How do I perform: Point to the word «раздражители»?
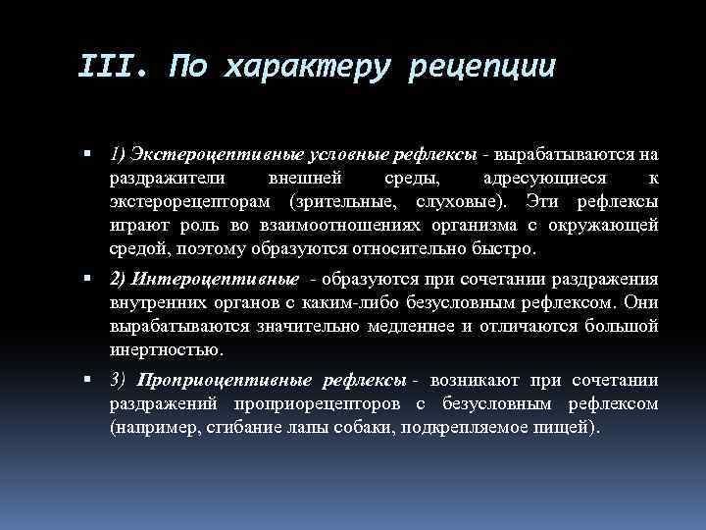click(166, 179)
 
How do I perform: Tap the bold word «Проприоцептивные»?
click(225, 380)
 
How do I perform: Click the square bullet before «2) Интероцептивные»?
click(88, 280)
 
